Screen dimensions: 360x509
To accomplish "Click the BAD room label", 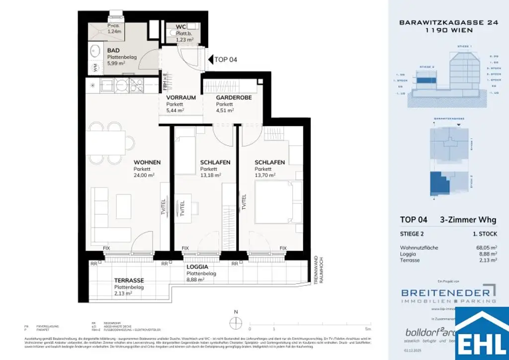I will tap(114, 51).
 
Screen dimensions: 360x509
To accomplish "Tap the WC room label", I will tap(181, 27).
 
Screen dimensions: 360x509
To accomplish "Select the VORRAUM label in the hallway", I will tap(181, 97).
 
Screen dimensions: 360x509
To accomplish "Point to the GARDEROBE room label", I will tap(234, 97).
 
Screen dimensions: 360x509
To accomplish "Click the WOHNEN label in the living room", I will tap(147, 162).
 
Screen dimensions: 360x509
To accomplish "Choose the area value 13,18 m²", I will tap(211, 175).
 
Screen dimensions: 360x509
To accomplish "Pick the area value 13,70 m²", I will tap(265, 175).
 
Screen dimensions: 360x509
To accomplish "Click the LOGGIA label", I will tap(198, 267).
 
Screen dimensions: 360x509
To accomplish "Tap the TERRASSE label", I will tap(129, 280).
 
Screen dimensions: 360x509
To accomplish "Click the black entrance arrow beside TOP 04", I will tap(209, 60).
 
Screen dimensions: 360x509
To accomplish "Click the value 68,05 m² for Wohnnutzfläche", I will tap(486, 247).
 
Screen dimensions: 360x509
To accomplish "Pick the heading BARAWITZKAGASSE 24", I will tap(435, 22).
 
